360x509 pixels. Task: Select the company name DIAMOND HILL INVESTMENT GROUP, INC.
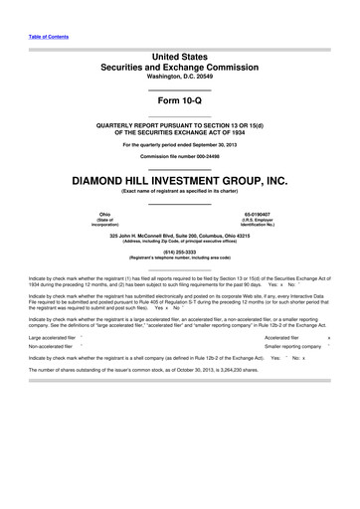tap(179, 182)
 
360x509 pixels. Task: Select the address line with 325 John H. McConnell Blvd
tap(179, 234)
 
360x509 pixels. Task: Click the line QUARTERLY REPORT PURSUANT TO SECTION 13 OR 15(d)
tap(179, 125)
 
